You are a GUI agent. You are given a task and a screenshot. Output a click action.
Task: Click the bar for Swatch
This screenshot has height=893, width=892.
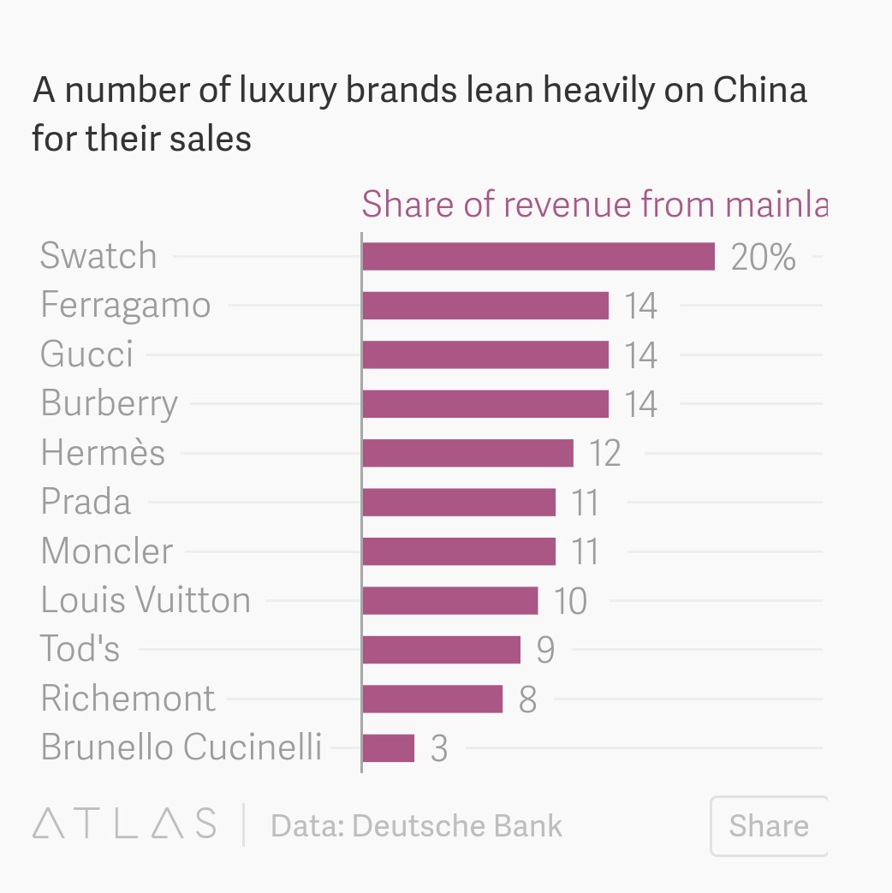538,256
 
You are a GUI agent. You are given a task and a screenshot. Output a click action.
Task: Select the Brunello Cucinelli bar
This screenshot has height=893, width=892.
388,748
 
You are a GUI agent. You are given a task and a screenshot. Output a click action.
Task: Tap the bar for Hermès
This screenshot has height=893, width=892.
467,453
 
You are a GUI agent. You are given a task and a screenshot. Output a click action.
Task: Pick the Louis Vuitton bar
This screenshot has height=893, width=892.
449,600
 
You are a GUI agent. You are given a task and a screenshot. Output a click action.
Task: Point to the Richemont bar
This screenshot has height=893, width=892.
431,699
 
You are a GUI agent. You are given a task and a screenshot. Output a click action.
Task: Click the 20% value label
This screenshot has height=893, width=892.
763,257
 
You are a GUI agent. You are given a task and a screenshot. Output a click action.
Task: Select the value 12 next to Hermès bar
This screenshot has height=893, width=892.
604,453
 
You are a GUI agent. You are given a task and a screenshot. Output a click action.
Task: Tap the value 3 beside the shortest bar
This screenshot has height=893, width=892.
439,749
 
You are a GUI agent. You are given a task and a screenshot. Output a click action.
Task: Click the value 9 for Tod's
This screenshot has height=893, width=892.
545,650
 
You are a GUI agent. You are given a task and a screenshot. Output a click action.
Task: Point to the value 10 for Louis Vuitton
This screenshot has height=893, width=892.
570,601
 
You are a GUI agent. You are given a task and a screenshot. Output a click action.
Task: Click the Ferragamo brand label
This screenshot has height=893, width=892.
125,306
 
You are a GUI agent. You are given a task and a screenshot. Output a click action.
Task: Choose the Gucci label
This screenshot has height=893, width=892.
86,354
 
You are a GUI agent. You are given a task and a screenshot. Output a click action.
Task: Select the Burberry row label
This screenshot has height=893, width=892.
109,403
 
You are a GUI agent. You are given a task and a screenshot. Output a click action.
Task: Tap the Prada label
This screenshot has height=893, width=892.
86,502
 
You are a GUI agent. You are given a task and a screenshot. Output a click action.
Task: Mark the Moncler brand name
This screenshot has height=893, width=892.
106,551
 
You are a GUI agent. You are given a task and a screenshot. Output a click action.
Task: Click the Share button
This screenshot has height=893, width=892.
768,825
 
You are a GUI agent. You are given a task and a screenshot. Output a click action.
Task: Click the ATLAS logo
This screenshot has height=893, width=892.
124,824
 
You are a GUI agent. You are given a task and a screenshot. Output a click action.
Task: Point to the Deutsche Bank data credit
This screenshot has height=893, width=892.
417,825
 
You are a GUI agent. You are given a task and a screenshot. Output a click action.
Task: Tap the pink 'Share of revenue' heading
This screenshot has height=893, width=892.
594,205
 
